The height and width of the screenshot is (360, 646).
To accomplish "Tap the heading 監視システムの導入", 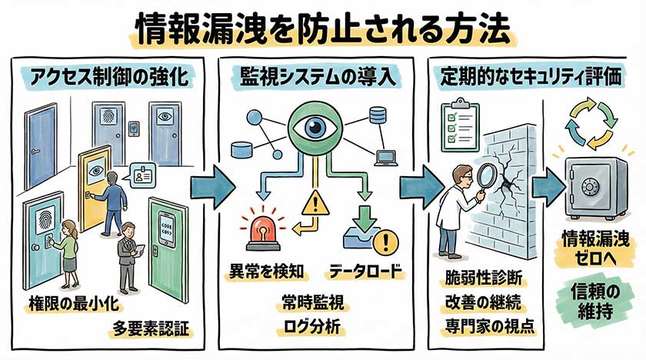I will click(x=315, y=78).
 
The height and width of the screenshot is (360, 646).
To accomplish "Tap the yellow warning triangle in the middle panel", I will click(x=314, y=205).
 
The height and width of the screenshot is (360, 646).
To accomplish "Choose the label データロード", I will click(x=368, y=272).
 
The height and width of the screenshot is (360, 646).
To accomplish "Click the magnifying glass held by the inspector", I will click(x=482, y=177).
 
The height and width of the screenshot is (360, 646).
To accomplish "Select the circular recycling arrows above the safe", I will click(x=591, y=122).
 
